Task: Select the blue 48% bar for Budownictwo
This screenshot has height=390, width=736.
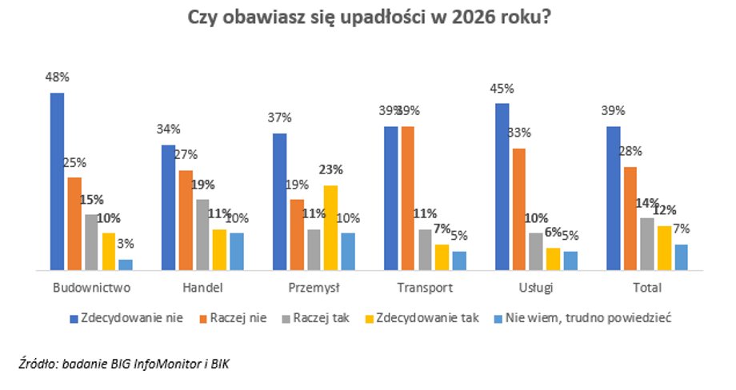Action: point(57,182)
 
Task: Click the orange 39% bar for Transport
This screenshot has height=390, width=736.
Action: point(408,198)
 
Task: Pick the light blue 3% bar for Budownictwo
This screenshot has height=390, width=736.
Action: point(126,265)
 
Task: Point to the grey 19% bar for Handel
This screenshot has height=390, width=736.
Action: point(202,235)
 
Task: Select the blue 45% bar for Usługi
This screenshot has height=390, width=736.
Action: point(502,187)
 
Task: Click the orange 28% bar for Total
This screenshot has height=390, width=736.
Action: point(630,219)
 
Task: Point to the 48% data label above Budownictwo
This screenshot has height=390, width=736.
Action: point(57,78)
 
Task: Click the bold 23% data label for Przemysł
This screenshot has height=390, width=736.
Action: point(330,169)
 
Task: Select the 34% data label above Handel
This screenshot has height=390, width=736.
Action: point(169,129)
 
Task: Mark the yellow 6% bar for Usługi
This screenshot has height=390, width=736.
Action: point(553,260)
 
